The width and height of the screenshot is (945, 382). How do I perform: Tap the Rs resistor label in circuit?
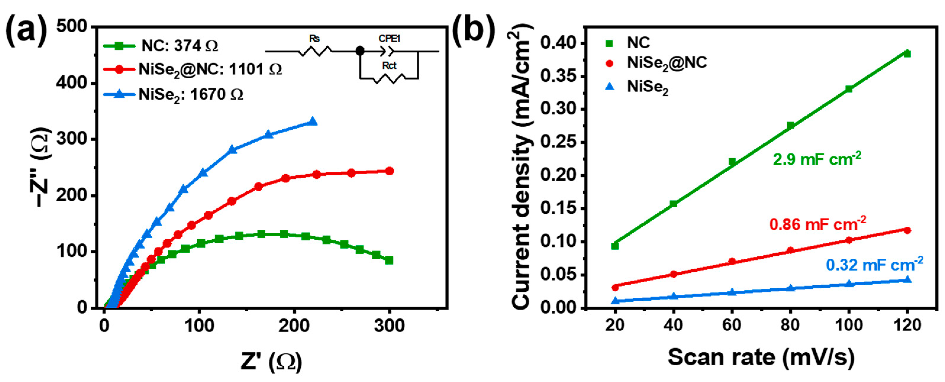[x=314, y=39]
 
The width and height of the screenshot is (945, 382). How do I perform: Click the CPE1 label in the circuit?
[x=389, y=38]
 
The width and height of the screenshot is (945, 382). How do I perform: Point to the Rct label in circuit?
[x=389, y=66]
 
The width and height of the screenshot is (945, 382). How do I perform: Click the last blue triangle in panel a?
[x=313, y=121]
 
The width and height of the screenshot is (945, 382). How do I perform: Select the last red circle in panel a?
[x=390, y=171]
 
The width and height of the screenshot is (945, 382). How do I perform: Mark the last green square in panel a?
[x=389, y=260]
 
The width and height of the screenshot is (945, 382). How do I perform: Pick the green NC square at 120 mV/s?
[x=907, y=54]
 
